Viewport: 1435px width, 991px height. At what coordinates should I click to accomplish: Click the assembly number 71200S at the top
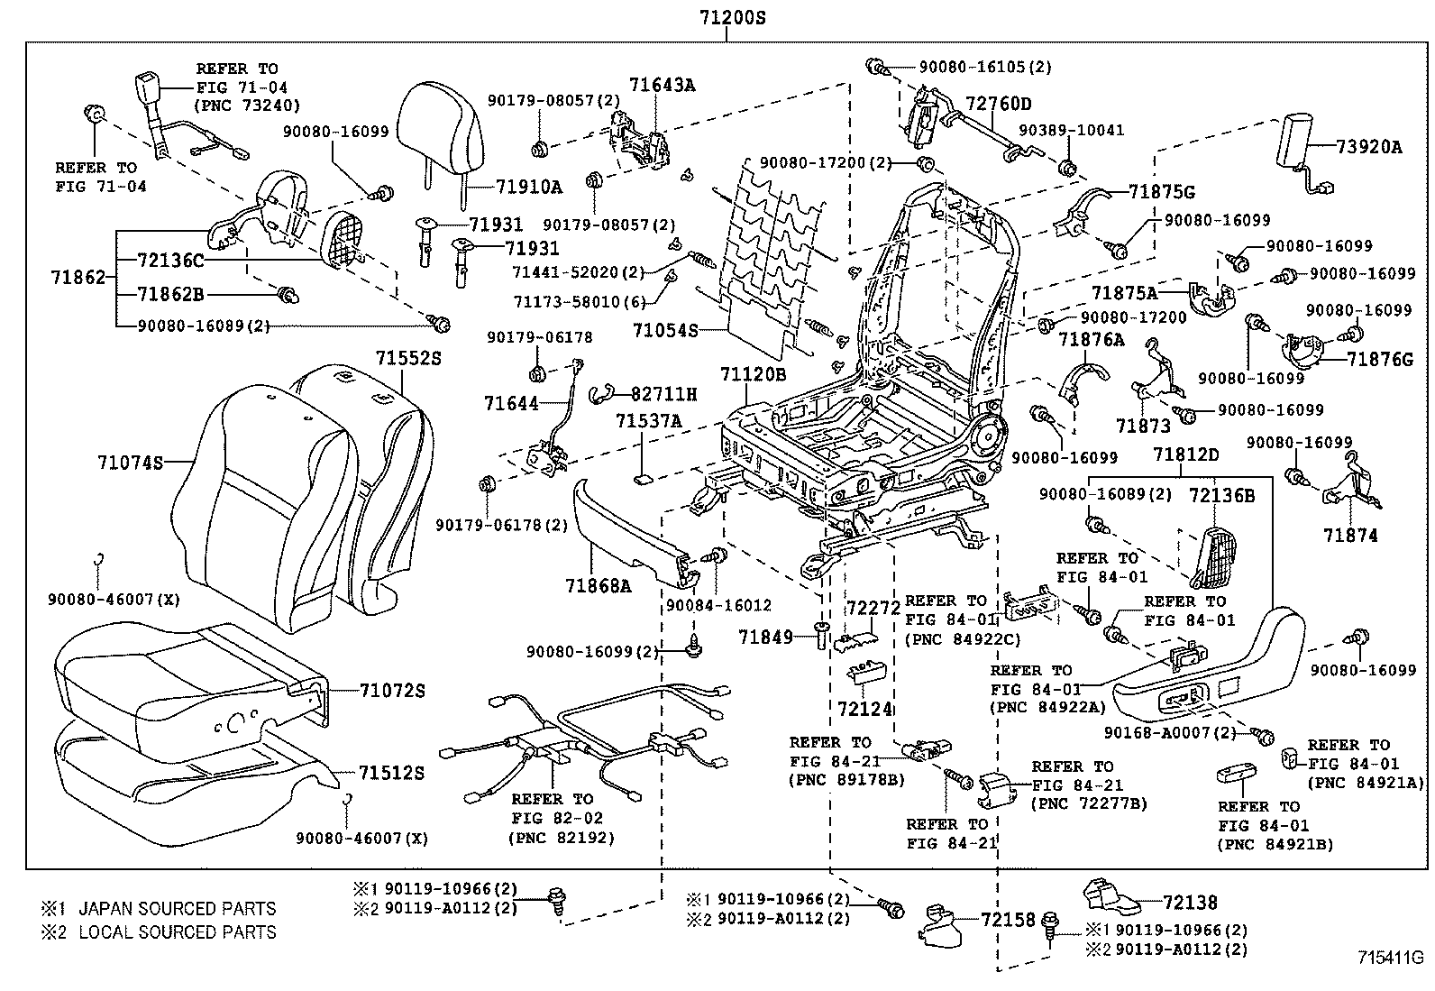click(731, 17)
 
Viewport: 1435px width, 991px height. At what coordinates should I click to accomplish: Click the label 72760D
click(999, 104)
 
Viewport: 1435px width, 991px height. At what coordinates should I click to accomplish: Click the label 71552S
click(408, 358)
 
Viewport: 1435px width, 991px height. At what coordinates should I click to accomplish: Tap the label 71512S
click(391, 773)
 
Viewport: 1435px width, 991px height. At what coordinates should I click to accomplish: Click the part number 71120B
click(753, 373)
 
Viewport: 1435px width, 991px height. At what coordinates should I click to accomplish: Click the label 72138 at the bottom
click(1189, 902)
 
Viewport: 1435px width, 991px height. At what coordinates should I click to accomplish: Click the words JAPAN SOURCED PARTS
click(178, 909)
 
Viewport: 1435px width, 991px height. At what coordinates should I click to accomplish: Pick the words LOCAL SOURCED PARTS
click(178, 932)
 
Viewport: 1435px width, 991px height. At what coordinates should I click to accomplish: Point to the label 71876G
click(1380, 359)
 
